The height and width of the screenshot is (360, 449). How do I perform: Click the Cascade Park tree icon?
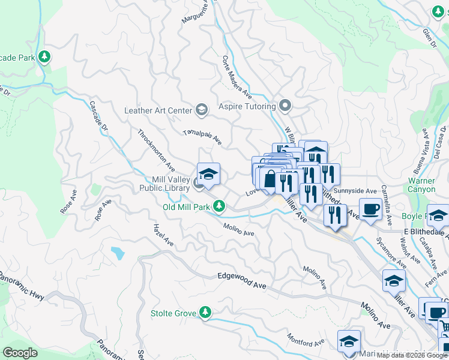point(44,57)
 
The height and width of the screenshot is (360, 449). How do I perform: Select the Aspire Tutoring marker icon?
point(285,106)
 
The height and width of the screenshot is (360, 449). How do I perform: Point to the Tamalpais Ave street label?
point(202,138)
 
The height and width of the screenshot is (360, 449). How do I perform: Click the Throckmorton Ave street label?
point(156,151)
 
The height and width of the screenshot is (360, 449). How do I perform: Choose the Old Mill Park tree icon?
point(220,206)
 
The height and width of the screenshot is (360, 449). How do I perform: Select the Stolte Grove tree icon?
point(205,313)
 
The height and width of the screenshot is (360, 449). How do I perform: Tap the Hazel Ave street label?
point(163,235)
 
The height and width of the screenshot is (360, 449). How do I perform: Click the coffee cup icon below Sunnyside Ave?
point(370,209)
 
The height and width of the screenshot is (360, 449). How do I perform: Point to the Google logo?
point(20,352)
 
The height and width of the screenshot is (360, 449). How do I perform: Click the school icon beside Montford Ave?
point(348,341)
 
